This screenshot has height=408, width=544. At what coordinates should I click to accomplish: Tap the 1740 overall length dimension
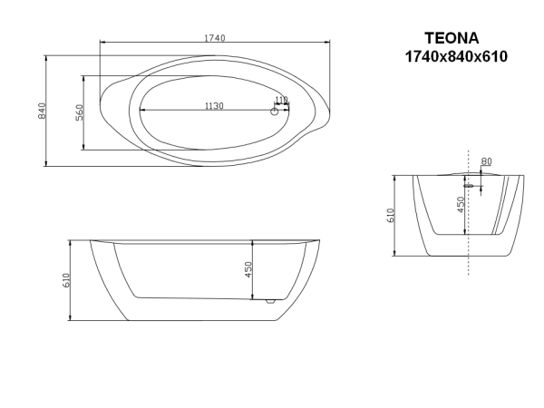click(x=215, y=37)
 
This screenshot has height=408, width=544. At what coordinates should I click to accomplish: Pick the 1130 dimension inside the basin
click(x=214, y=106)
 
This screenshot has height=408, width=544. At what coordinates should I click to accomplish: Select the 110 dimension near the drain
click(x=280, y=101)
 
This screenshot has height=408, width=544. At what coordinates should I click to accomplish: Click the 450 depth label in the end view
click(x=461, y=204)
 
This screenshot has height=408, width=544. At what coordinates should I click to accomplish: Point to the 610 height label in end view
click(x=391, y=215)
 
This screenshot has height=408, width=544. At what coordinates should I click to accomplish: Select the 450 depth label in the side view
click(x=247, y=270)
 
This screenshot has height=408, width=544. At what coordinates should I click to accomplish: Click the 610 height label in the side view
click(x=66, y=281)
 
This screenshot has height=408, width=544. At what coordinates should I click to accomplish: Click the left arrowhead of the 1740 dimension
click(x=100, y=44)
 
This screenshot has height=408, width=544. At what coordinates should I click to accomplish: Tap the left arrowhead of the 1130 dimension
click(x=139, y=112)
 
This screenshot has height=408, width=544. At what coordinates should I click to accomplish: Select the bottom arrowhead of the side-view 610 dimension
click(x=72, y=320)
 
